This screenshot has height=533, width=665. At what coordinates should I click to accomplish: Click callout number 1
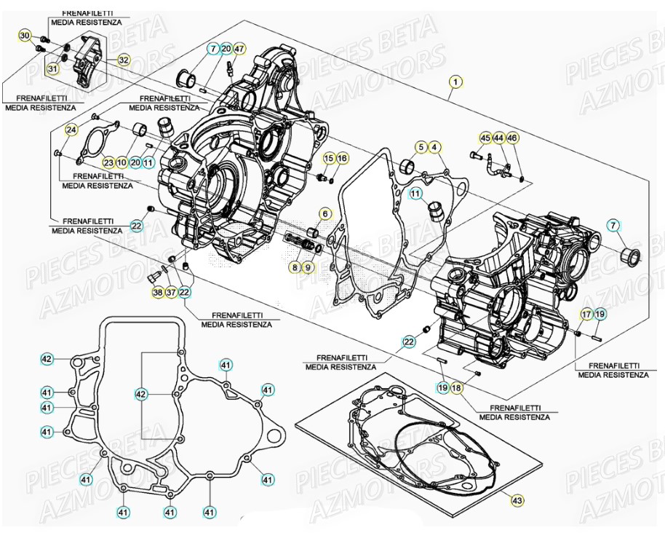coord(455,82)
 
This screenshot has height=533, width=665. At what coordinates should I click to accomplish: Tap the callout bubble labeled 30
coord(25,36)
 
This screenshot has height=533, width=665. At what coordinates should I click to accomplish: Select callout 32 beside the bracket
coord(124,60)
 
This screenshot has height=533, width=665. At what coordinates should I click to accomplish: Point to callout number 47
coord(239,50)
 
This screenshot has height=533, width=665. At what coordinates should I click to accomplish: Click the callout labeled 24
coord(71,130)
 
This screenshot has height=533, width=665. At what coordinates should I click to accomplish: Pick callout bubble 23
coord(108,162)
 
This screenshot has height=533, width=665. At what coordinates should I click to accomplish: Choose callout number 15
coord(329,159)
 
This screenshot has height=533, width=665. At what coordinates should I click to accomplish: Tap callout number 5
coord(421,148)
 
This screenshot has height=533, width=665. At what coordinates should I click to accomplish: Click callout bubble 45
coord(485,138)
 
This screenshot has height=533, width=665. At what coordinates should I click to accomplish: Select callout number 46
coord(512,138)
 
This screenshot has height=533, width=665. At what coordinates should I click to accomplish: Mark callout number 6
coord(324,214)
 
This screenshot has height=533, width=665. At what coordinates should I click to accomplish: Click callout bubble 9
coord(308,267)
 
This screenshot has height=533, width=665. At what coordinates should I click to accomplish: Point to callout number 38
coord(158,292)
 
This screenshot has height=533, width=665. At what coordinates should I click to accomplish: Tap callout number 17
coord(586,314)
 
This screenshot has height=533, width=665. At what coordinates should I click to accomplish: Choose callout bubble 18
coord(456,388)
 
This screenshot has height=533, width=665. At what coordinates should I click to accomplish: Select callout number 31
coord(52,68)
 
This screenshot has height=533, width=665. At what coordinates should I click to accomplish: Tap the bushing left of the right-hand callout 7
coord(629,256)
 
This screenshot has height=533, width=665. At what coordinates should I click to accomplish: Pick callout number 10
coord(122,162)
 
